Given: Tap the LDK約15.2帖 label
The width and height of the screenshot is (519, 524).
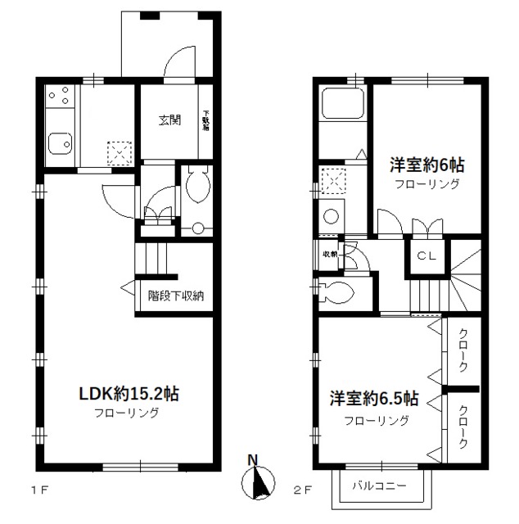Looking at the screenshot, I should pyautogui.click(x=129, y=394).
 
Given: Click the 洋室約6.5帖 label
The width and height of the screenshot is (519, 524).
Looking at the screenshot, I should pyautogui.click(x=376, y=400).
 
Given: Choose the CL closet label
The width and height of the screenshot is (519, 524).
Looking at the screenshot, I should pyautogui.click(x=427, y=255).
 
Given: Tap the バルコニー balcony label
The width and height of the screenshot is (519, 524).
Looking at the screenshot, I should pyautogui.click(x=379, y=485).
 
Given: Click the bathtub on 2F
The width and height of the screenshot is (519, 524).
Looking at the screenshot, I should pyautogui.click(x=342, y=104).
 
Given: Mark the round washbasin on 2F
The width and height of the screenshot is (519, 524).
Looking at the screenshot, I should pyautogui.click(x=332, y=217).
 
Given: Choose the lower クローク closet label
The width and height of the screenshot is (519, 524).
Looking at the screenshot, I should pyautogui.click(x=463, y=427).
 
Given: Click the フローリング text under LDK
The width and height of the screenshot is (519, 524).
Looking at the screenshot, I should pyautogui.click(x=129, y=413).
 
